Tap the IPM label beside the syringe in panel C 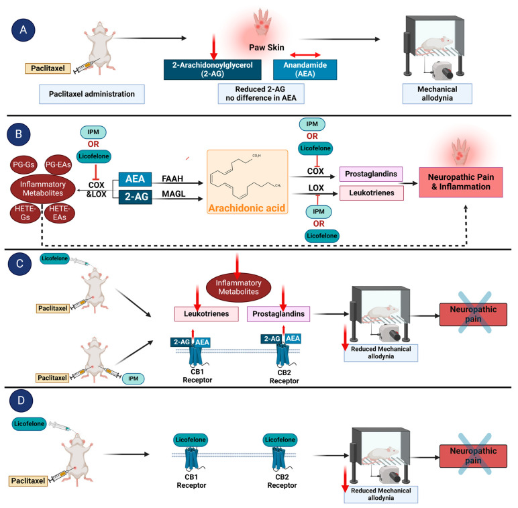[x=132, y=379]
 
